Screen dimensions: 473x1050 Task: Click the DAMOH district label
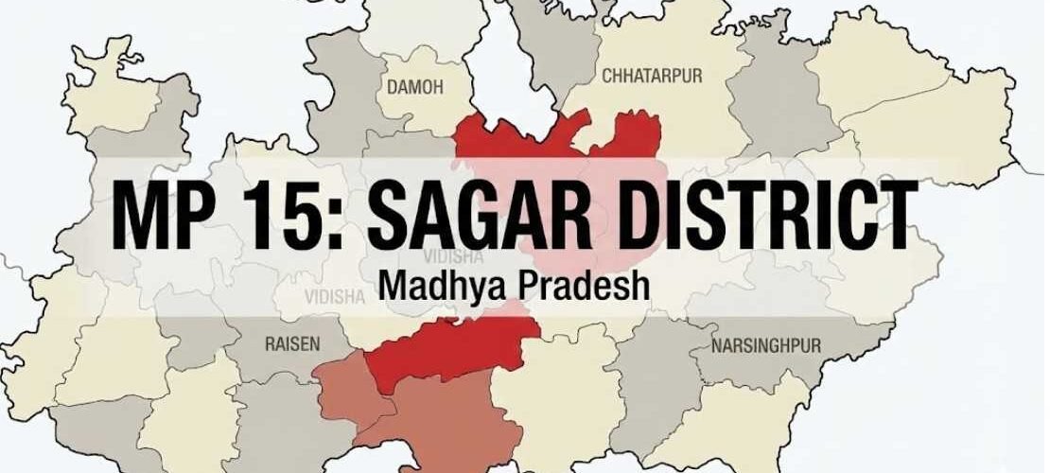(x=416, y=86)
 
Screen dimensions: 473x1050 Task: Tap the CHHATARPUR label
(x=652, y=77)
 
